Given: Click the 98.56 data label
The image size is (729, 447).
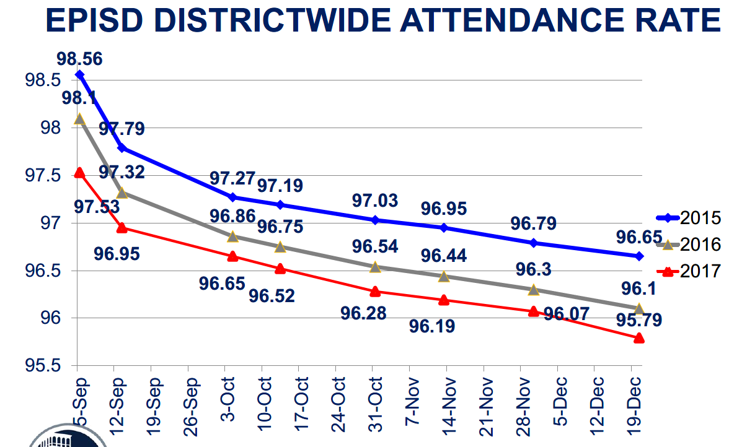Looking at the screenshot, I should (x=79, y=59).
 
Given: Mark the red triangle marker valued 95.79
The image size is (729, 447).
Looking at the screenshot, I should (x=639, y=337).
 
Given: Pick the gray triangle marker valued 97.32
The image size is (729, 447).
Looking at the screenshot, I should (x=122, y=193).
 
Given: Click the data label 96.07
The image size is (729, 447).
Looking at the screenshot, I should (x=565, y=315).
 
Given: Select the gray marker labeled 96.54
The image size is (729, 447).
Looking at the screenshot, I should (x=375, y=267).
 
